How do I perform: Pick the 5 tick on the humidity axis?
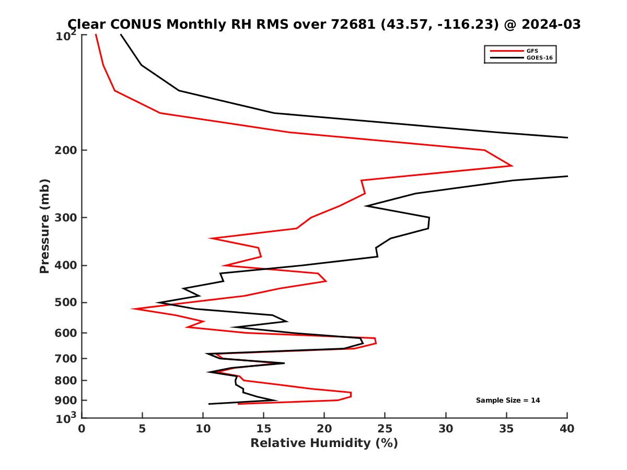point(142,429)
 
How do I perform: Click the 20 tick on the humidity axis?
point(324,429)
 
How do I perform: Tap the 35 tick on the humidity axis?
point(506,429)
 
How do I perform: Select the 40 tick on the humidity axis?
point(567,429)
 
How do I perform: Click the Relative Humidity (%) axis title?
point(324,443)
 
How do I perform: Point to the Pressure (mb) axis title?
point(45,226)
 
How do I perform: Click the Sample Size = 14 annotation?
point(508,401)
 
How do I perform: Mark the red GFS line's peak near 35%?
point(512,166)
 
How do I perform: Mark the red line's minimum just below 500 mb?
point(133,309)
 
